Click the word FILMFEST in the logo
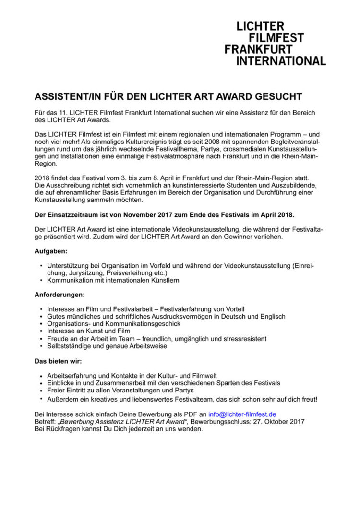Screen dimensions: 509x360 tap(276, 38)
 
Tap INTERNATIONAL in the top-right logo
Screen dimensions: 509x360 tap(281, 61)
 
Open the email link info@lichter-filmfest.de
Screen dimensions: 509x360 tap(242, 414)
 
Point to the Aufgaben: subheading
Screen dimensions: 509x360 tap(51, 251)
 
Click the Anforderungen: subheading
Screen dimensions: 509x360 tap(60, 295)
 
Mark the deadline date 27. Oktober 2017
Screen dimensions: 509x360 tap(277, 421)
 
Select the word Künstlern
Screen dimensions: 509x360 tap(162, 280)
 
